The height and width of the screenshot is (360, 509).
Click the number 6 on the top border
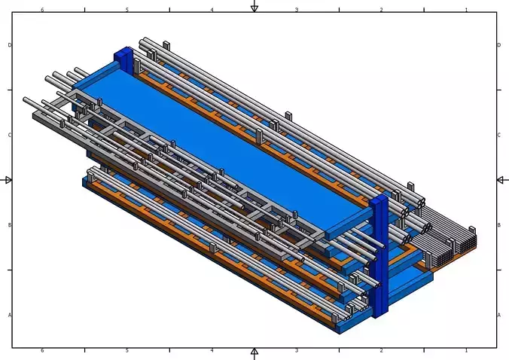point(42,10)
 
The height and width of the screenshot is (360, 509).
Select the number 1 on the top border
point(466,10)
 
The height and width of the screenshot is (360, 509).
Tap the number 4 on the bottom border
point(212,350)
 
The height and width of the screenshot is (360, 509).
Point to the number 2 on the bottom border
point(381,350)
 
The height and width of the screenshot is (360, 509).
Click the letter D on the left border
point(10,45)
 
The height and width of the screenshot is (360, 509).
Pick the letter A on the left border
point(10,315)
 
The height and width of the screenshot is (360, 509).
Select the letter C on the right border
point(499,135)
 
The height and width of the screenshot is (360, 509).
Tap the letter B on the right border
point(499,224)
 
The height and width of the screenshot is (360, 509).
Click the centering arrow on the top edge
point(254,7)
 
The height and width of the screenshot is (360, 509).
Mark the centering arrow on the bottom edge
point(254,352)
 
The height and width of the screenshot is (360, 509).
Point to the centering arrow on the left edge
point(8,180)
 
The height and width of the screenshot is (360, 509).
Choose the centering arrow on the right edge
point(501,180)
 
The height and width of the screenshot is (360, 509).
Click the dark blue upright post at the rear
point(123,62)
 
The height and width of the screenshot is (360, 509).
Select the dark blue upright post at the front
point(379,256)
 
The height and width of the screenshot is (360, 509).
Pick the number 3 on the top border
point(297,10)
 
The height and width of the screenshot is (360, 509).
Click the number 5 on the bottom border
point(126,350)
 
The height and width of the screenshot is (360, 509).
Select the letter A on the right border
point(499,315)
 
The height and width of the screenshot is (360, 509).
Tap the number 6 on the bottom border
point(42,350)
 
